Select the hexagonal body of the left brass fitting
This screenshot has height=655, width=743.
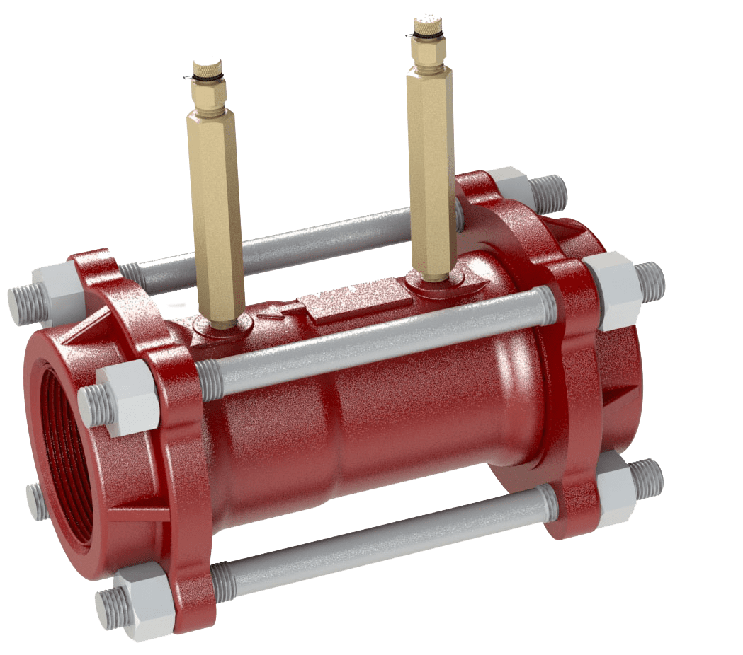coord(217,212)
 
